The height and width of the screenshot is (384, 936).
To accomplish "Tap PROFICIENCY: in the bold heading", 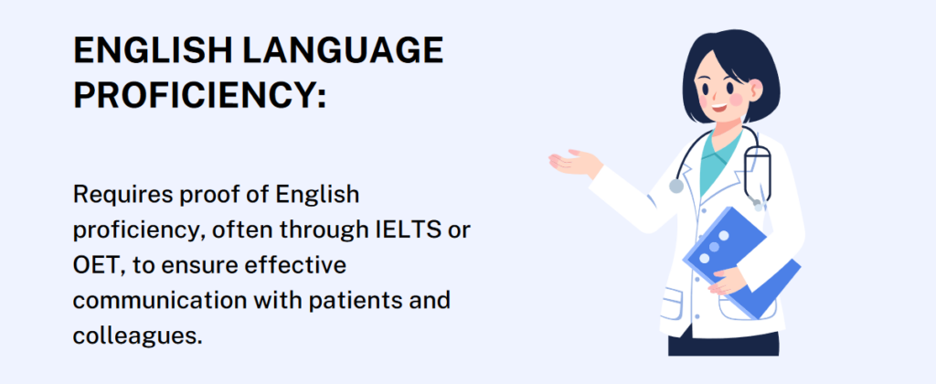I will click(199, 94).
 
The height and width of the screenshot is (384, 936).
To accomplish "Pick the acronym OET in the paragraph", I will click(94, 265).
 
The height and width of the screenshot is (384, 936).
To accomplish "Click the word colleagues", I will click(136, 336).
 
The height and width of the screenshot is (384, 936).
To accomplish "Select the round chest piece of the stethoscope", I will click(675, 186).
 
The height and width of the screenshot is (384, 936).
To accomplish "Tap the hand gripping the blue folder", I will click(732, 279).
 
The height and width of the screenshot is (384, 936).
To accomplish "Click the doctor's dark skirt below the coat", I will click(722, 345).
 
